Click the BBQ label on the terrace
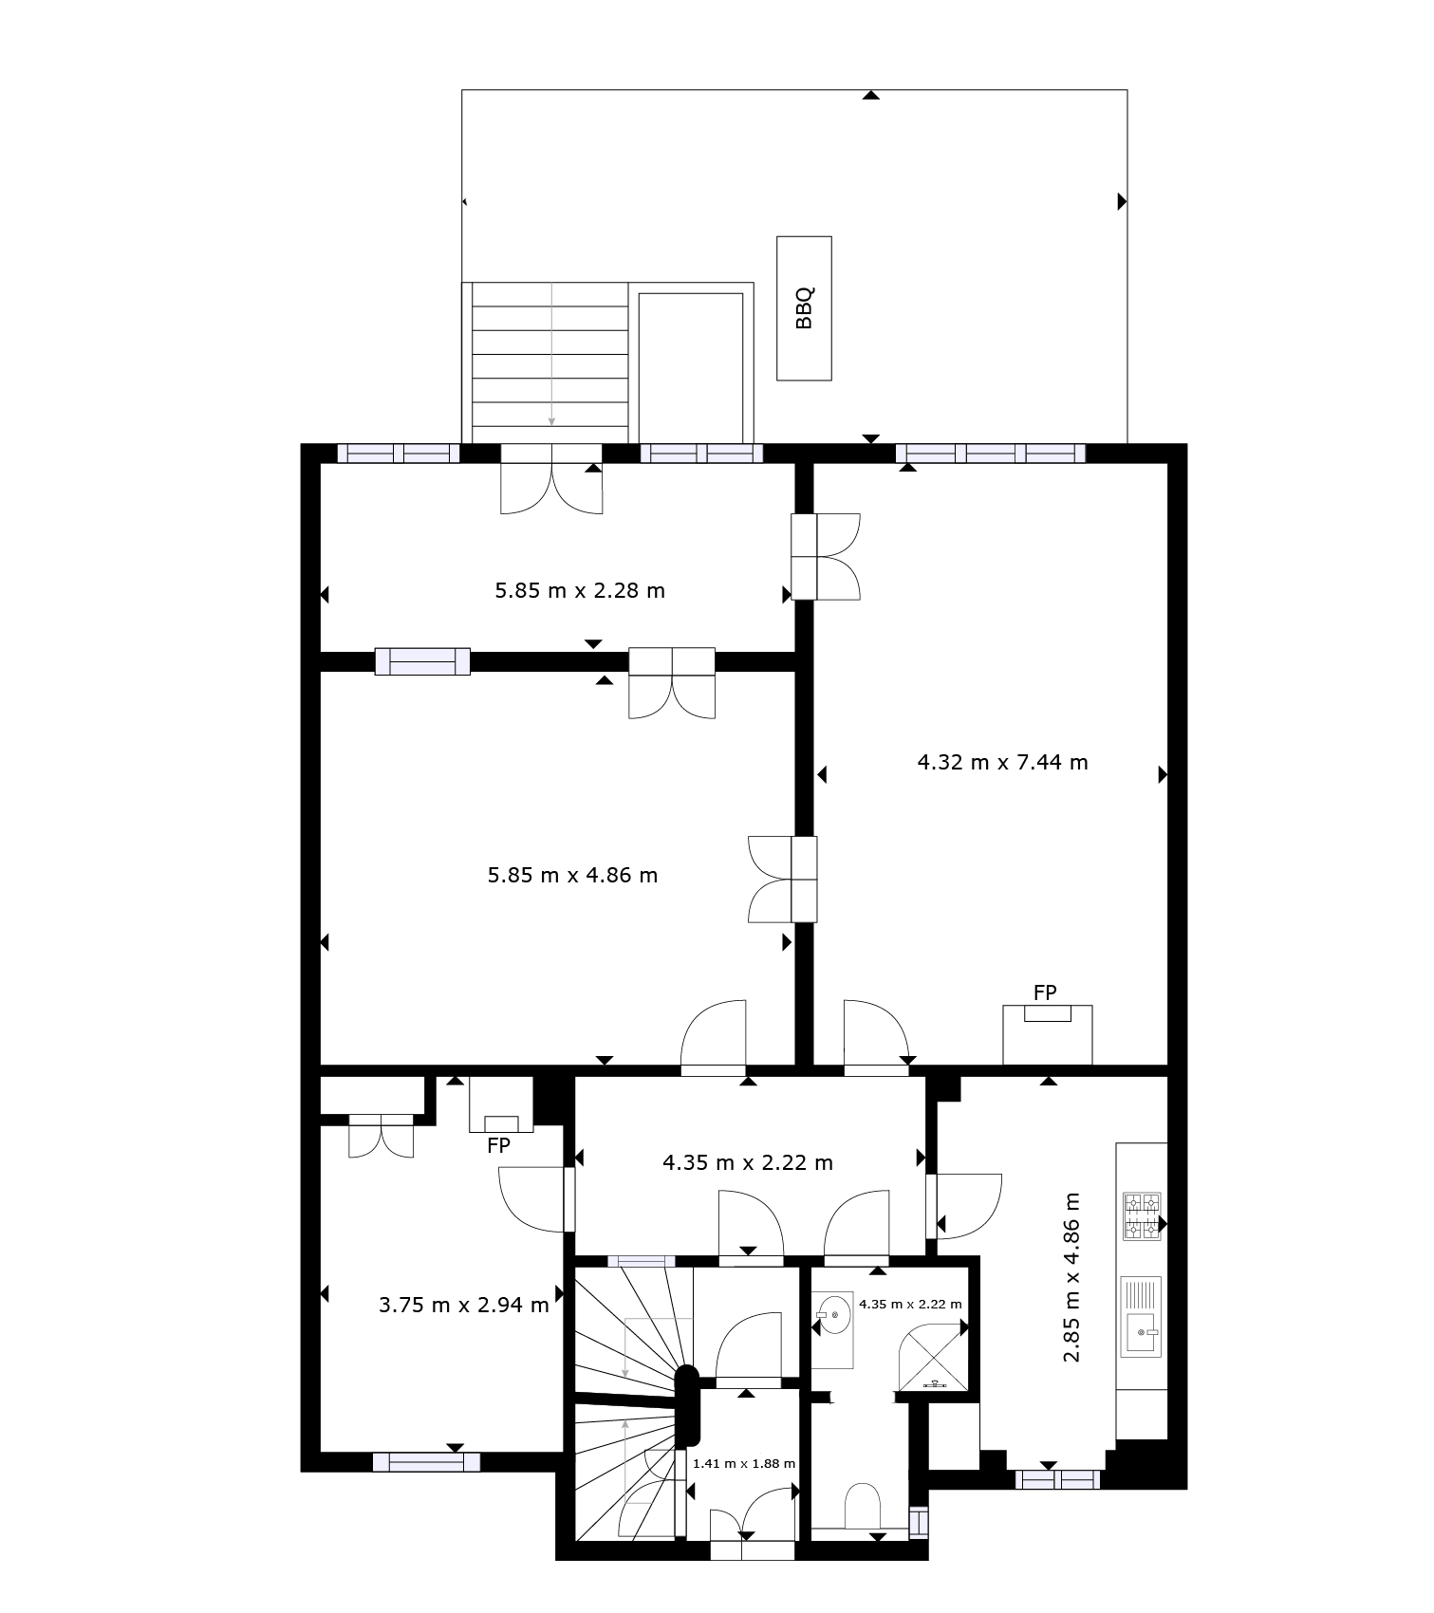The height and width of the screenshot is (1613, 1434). pos(804,308)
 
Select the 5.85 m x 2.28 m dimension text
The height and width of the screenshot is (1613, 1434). pos(580,590)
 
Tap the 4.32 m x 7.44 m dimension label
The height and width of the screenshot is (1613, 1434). pos(1003,761)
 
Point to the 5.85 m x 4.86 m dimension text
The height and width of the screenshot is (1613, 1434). pos(572,875)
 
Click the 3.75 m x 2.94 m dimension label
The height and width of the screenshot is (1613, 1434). pos(464,1305)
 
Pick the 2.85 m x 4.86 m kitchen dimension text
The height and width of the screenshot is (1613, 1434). pos(1071,1277)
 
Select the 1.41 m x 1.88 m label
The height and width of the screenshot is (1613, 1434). pos(744,1463)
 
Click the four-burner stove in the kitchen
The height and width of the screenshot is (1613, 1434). pos(1143,1216)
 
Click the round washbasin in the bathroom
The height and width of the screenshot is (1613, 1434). pos(833,1315)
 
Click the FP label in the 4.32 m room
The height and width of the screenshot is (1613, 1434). pos(1045,992)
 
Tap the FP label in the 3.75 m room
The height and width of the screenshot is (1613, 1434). pos(498,1145)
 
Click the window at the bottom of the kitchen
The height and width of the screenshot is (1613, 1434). pos(1057,1479)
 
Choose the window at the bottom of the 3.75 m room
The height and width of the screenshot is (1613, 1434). pos(426,1462)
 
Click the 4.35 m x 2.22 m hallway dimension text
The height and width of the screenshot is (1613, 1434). pos(748,1162)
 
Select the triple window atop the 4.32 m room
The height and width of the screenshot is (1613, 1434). pos(991,454)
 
